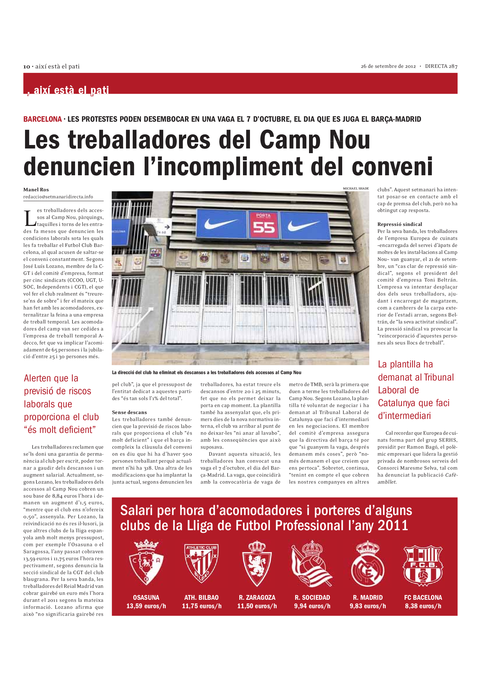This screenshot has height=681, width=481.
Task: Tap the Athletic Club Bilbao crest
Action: tap(202, 563)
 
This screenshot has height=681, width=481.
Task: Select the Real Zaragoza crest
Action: tap(257, 563)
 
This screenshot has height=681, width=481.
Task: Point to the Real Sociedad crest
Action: tap(312, 563)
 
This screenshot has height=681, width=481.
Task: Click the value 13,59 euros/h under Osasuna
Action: tap(146, 606)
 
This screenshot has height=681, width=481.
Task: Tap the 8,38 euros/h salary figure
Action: tap(423, 606)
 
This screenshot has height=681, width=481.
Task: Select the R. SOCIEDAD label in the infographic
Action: tap(312, 597)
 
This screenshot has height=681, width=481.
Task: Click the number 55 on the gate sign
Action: tap(264, 227)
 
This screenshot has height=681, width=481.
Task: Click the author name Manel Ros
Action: tap(36, 190)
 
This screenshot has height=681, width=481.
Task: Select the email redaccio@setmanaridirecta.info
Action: tap(58, 197)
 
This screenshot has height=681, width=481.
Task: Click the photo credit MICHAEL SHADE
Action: tap(356, 188)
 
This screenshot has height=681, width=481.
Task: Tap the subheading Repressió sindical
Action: tap(400, 224)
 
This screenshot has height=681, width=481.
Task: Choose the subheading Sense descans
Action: tap(129, 412)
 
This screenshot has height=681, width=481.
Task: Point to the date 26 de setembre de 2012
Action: tap(388, 66)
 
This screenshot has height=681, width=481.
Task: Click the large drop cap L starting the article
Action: tap(30, 219)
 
